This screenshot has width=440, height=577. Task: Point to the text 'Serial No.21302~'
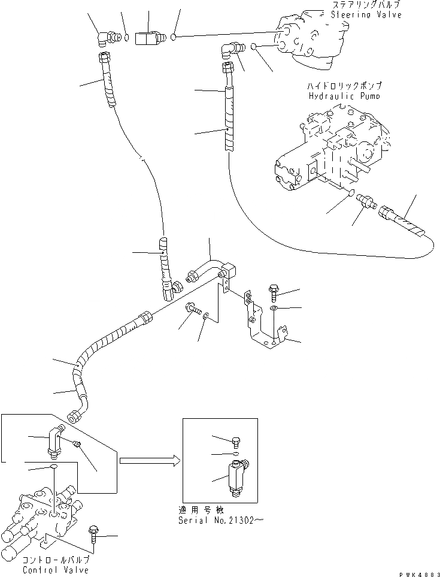click(x=219, y=520)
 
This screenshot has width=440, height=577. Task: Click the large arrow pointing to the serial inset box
click(x=148, y=461)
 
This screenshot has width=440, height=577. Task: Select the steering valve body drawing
click(x=311, y=35)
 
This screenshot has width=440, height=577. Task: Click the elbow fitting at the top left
click(x=107, y=38)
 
